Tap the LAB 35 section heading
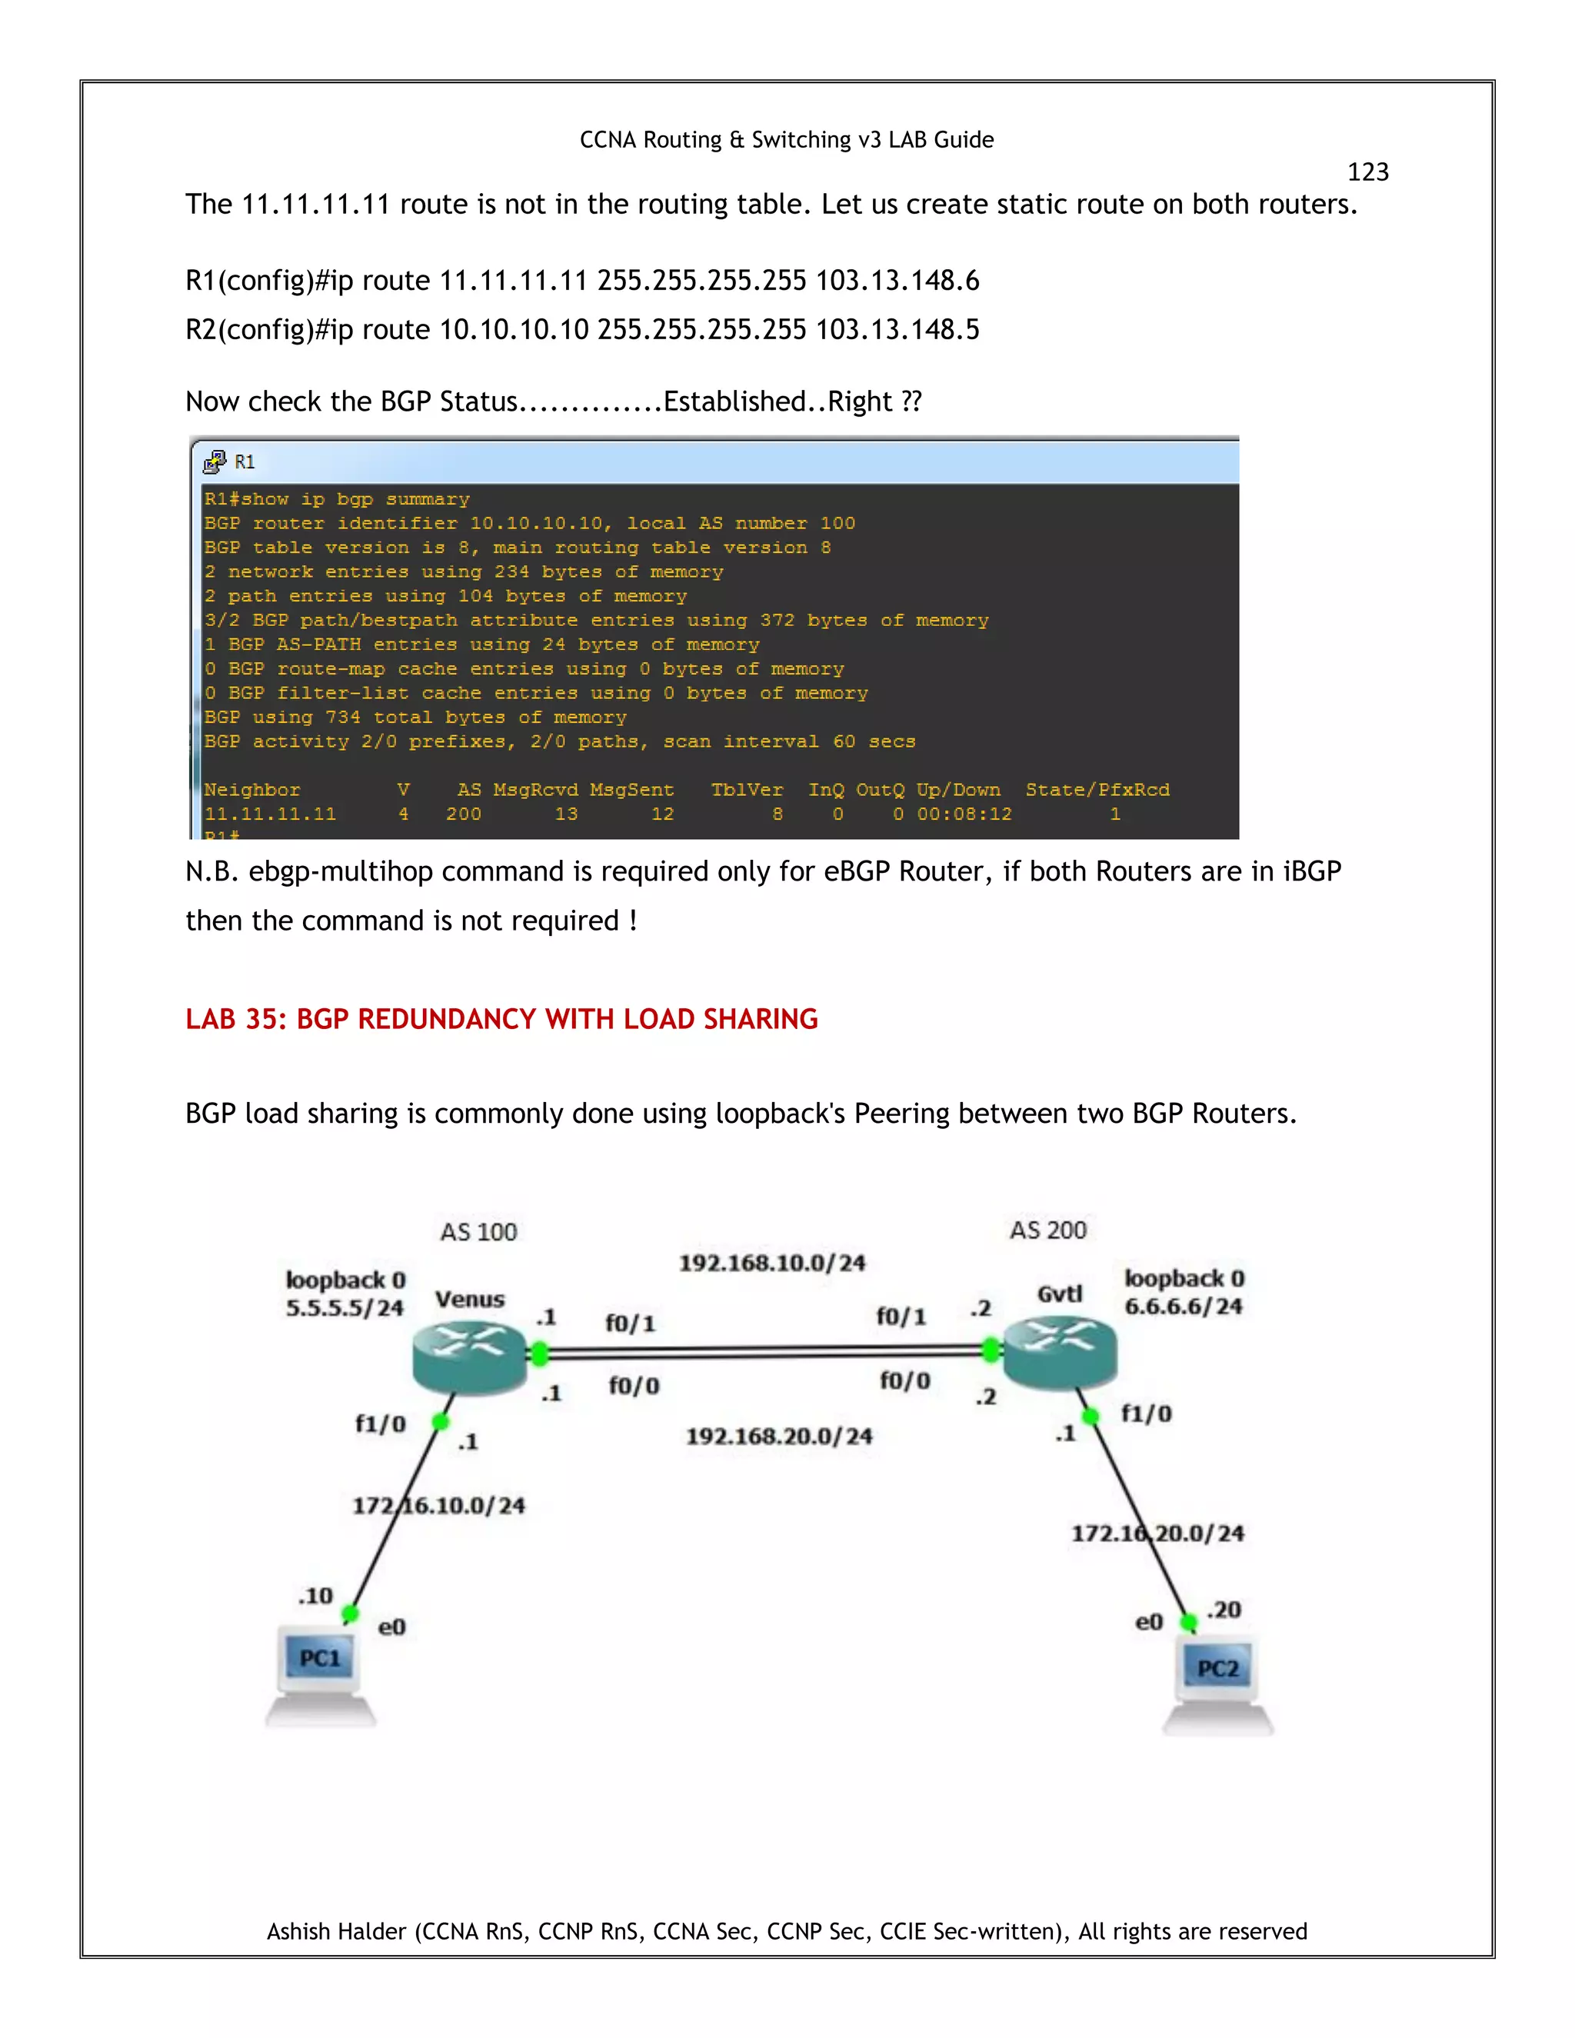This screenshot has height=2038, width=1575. pyautogui.click(x=501, y=1018)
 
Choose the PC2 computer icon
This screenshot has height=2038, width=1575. pyautogui.click(x=1217, y=1683)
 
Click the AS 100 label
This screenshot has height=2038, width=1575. pyautogui.click(x=478, y=1232)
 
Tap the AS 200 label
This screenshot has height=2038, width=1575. pyautogui.click(x=1048, y=1230)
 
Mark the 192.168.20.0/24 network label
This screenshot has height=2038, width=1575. pyautogui.click(x=779, y=1435)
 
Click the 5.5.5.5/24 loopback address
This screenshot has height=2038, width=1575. pyautogui.click(x=345, y=1307)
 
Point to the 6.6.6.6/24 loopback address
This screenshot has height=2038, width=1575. pyautogui.click(x=1183, y=1306)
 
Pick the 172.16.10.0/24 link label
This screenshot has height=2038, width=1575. pyautogui.click(x=438, y=1505)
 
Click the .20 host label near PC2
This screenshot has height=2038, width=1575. pyautogui.click(x=1224, y=1610)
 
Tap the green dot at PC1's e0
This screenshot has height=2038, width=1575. pyautogui.click(x=350, y=1613)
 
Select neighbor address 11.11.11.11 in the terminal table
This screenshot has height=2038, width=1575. pyautogui.click(x=270, y=814)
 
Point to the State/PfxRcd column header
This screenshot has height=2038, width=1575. pyautogui.click(x=1097, y=790)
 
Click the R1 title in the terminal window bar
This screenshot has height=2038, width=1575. pyautogui.click(x=245, y=462)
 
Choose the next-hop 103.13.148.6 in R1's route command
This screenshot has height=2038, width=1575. pyautogui.click(x=897, y=280)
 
